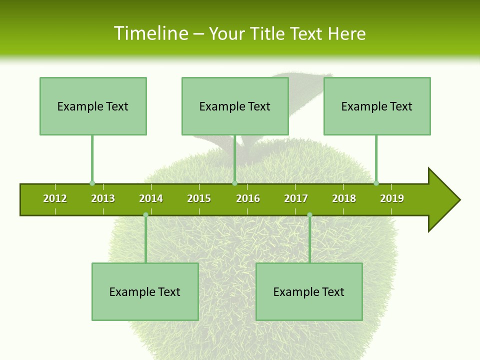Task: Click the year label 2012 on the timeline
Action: (55, 198)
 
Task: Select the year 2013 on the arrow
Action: (103, 198)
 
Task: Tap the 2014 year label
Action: (151, 198)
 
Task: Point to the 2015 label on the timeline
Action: (199, 198)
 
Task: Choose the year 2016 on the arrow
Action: (248, 198)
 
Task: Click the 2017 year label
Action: (296, 198)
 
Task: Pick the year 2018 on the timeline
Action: (344, 198)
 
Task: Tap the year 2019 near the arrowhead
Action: (392, 198)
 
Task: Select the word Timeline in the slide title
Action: (151, 33)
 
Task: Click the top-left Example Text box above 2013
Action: (93, 106)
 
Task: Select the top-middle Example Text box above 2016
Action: (235, 106)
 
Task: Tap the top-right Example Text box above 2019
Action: (377, 106)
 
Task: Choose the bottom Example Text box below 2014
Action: (145, 291)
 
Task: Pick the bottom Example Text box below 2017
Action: (309, 291)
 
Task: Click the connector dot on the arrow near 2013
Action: (92, 183)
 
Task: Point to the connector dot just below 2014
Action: (145, 214)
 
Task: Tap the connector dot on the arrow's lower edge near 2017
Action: (309, 214)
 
